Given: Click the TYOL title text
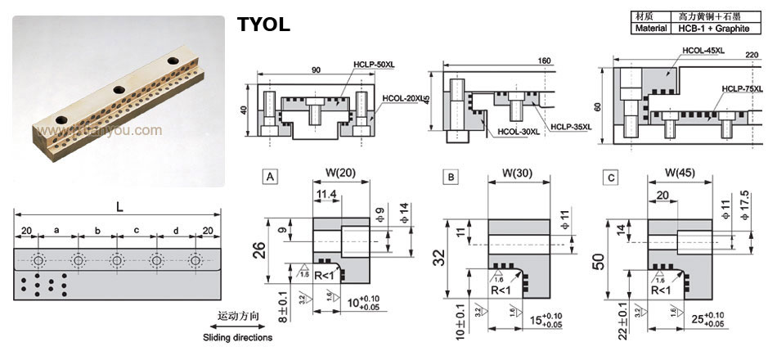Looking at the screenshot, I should pyautogui.click(x=263, y=25).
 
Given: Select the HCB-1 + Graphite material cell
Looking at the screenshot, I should pyautogui.click(x=712, y=28).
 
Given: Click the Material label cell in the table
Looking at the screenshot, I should pyautogui.click(x=652, y=28).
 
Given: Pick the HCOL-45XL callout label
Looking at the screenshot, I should pyautogui.click(x=703, y=51).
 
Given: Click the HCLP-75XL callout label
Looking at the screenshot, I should pyautogui.click(x=741, y=89).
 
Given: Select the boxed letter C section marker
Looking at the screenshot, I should pyautogui.click(x=609, y=176).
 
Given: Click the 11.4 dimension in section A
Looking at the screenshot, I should pyautogui.click(x=326, y=193).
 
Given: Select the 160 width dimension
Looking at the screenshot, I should pyautogui.click(x=545, y=61).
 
